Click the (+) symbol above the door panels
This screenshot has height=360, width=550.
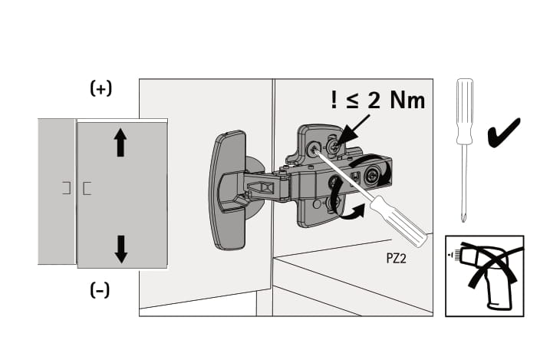click(101, 88)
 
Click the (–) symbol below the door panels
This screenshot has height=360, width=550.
click(100, 290)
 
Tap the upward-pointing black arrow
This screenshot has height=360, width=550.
click(120, 142)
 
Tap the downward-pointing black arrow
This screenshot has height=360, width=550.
click(121, 249)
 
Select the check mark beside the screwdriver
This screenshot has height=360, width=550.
click(503, 134)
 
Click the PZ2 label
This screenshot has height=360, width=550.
click(396, 259)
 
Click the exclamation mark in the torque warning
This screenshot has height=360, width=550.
click(334, 100)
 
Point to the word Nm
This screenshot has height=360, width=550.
click(407, 100)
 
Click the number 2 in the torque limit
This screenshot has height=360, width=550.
click(374, 100)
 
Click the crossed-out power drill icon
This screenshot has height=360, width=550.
click(484, 276)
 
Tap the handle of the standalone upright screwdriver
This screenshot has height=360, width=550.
click(465, 111)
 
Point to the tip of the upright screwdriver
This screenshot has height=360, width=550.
click(464, 221)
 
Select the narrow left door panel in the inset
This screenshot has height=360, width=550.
click(57, 191)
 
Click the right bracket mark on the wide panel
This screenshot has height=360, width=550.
click(87, 188)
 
